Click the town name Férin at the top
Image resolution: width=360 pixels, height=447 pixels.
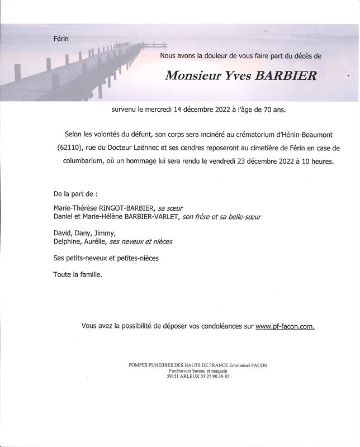tap(61, 39)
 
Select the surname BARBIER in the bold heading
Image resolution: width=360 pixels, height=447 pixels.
tap(286, 75)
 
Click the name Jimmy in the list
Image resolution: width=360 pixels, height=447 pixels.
tap(105, 233)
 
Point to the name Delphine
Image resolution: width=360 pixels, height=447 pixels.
tap(68, 241)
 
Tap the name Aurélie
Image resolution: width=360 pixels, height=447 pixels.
tap(97, 241)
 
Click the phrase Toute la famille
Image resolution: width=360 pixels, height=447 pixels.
tap(78, 275)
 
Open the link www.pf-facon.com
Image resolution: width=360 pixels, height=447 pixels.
tap(285, 326)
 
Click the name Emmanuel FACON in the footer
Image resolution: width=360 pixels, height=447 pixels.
tap(249, 365)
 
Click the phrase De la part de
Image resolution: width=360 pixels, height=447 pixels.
tap(75, 194)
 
